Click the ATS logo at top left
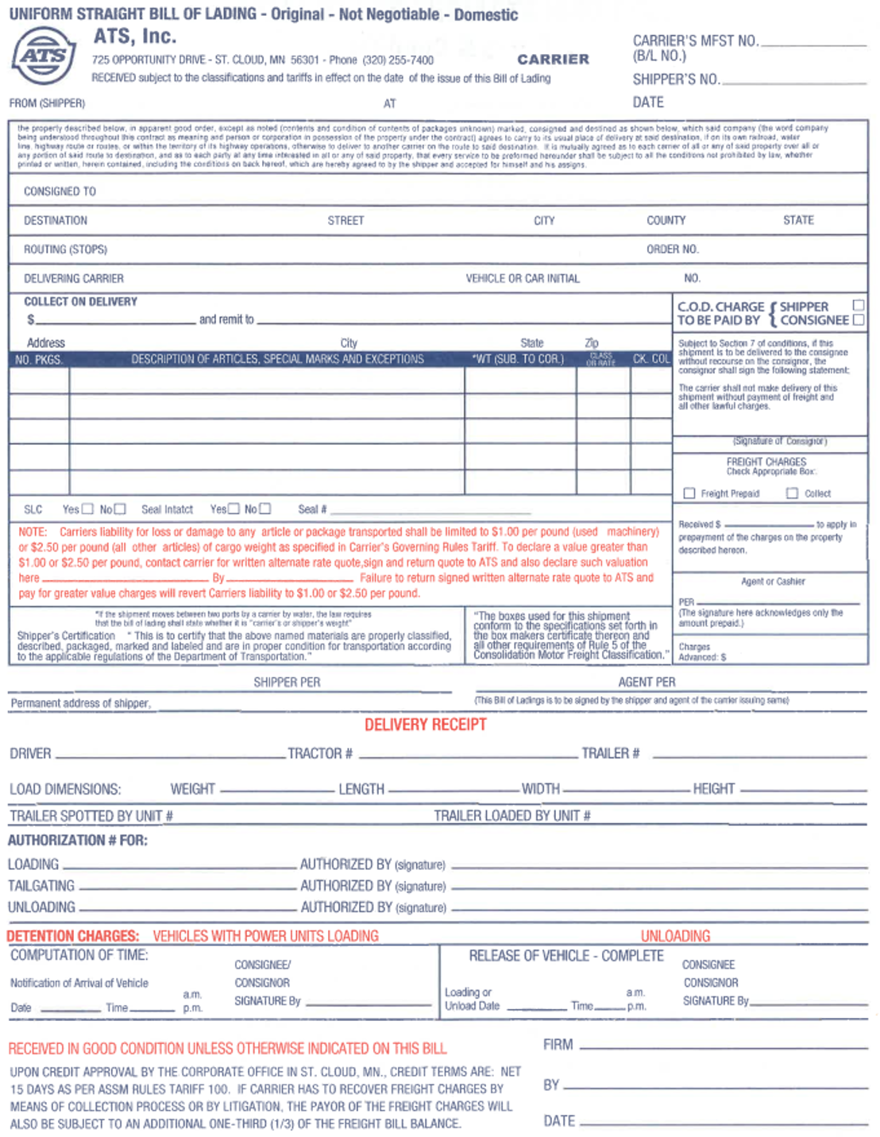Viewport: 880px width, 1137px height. tap(44, 56)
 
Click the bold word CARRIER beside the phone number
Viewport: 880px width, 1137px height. tap(553, 60)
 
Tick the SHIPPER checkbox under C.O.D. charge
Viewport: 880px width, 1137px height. tap(858, 305)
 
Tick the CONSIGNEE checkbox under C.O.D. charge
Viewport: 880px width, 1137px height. tap(858, 320)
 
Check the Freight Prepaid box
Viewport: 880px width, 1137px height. tap(689, 493)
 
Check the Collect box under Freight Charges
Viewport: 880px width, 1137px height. tap(792, 493)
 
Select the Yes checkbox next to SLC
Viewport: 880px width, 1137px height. tap(87, 509)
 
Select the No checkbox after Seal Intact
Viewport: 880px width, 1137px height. tap(265, 509)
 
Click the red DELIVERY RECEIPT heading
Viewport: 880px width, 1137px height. tap(425, 725)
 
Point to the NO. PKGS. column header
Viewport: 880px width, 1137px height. tap(38, 360)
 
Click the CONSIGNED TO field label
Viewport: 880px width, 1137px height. tap(60, 191)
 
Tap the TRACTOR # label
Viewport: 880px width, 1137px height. tap(319, 753)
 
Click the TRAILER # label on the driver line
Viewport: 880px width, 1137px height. tap(610, 753)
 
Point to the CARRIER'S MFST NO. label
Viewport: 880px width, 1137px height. tap(695, 41)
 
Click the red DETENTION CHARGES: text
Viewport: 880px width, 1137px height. tap(73, 936)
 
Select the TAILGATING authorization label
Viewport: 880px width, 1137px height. tap(41, 886)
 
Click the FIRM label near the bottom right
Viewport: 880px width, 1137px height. tap(558, 1045)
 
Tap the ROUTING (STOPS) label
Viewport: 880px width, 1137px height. tap(65, 249)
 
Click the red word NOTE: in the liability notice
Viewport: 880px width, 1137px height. tap(33, 532)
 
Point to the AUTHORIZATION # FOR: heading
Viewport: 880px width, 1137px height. tap(78, 841)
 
